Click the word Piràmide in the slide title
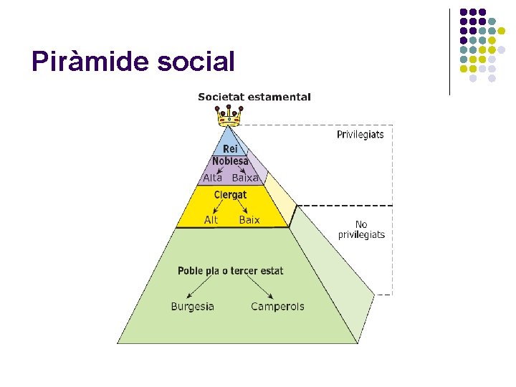(88, 62)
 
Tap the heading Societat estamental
(254, 97)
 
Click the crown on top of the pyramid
(229, 115)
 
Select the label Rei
(230, 149)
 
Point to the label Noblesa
(230, 161)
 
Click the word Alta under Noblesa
(213, 178)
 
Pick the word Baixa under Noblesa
(245, 178)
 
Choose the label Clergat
(230, 195)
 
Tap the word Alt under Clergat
(211, 220)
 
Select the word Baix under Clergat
(249, 220)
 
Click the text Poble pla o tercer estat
(230, 271)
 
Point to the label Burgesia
(192, 307)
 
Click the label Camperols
(277, 307)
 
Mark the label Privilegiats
(360, 135)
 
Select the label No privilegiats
(361, 229)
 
